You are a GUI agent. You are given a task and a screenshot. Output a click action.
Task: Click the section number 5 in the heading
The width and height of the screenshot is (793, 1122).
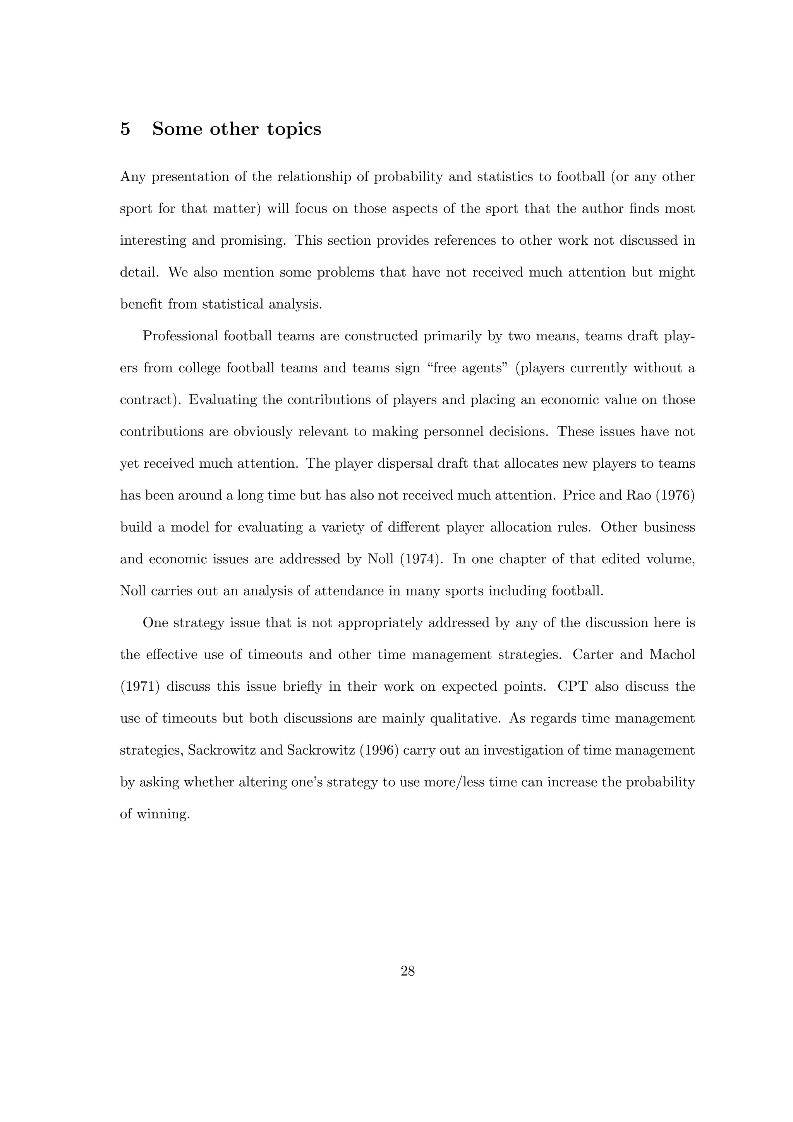(x=125, y=129)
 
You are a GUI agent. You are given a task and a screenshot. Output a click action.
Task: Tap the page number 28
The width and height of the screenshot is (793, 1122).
(x=407, y=971)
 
